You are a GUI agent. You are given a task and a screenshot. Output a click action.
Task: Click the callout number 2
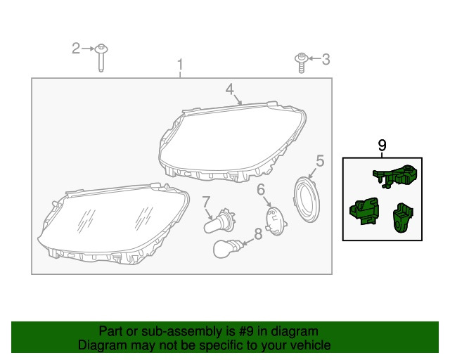(x=76, y=49)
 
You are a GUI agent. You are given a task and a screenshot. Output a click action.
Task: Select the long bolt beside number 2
(x=101, y=58)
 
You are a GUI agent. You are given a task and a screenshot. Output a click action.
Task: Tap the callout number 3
(x=326, y=60)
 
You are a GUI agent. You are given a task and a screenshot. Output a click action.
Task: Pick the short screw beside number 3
(x=301, y=63)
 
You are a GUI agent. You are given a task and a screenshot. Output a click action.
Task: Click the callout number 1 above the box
(x=180, y=65)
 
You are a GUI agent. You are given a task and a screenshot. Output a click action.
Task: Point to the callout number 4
(x=230, y=89)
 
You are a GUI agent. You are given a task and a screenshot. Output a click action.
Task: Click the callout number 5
(x=320, y=161)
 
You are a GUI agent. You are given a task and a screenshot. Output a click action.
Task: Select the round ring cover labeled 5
(x=307, y=200)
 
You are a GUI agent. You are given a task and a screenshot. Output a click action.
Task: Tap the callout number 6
(x=261, y=189)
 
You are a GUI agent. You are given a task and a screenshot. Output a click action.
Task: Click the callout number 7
(x=206, y=202)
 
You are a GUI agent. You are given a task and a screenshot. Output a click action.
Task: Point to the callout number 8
(x=258, y=234)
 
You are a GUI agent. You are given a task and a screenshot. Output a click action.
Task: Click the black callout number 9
(x=382, y=146)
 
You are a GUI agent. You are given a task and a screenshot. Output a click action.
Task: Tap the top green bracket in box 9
(x=395, y=176)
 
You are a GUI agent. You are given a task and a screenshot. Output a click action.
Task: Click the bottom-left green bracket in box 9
(x=364, y=211)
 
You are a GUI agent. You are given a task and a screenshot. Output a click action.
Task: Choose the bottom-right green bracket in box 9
(x=403, y=217)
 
